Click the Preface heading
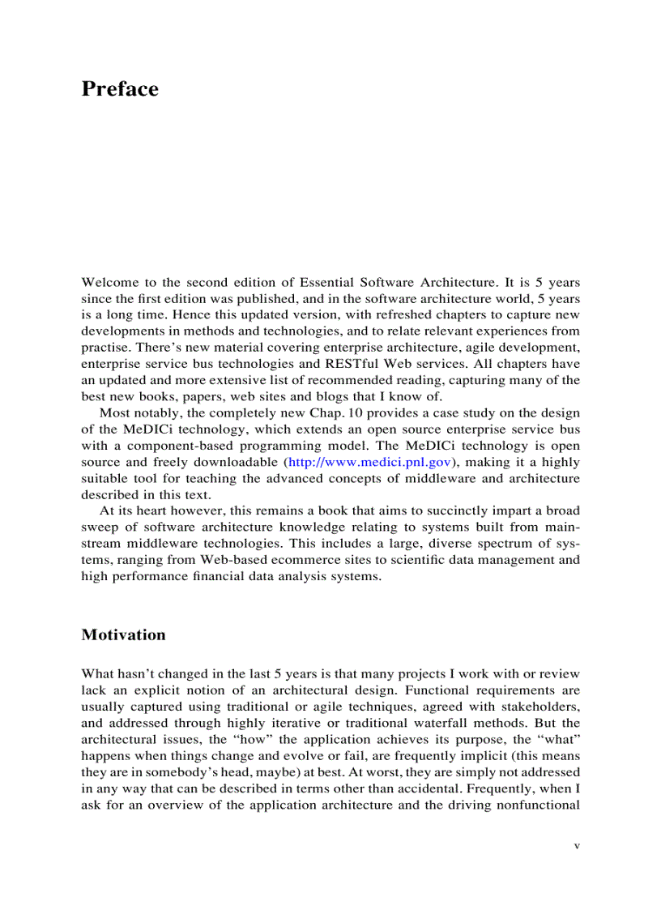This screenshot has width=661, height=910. pos(120,89)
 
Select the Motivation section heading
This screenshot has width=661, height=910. pos(123,634)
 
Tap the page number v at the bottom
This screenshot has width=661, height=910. pos(577,845)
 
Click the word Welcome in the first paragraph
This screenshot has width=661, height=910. pos(109,282)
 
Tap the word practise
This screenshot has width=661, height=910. pos(104,348)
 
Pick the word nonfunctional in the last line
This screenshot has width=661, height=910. pos(539,805)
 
